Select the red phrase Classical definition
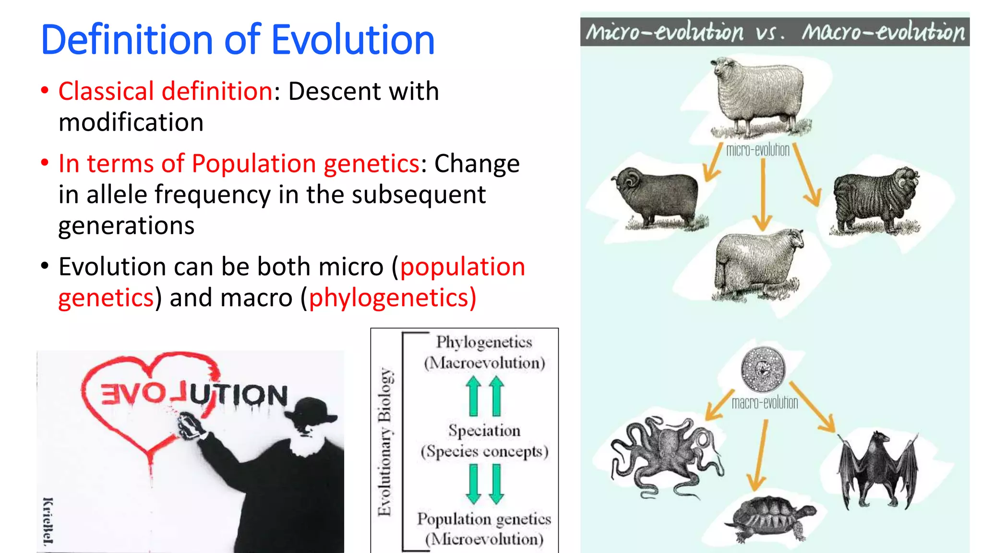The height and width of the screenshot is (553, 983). [x=166, y=91]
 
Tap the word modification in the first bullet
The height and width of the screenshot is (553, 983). [x=131, y=122]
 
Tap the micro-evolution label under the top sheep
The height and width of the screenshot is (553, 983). [x=757, y=150]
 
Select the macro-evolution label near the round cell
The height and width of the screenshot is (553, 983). [x=765, y=402]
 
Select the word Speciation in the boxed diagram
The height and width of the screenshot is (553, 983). [x=484, y=431]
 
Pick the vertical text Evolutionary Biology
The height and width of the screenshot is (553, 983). [x=385, y=442]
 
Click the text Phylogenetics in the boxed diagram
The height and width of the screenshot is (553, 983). [x=484, y=342]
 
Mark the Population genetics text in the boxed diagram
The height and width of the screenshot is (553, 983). [x=484, y=519]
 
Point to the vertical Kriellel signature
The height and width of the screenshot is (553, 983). [x=48, y=521]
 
